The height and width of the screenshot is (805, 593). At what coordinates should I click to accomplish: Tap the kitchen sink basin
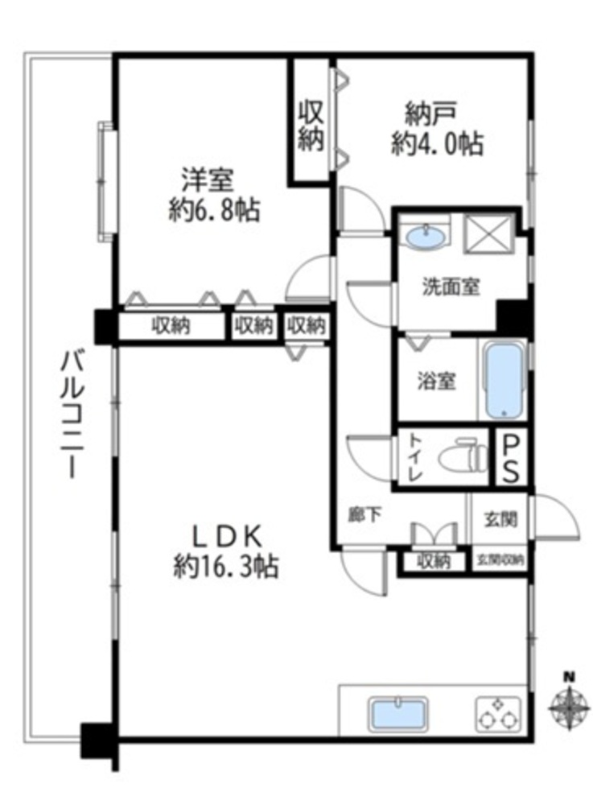point(399,712)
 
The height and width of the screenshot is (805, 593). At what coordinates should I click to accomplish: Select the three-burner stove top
point(497,714)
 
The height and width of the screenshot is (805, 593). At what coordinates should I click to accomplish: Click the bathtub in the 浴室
point(504,381)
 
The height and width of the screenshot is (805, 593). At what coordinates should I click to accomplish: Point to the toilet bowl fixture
point(463,455)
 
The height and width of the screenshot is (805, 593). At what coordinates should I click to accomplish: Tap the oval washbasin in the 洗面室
point(425,237)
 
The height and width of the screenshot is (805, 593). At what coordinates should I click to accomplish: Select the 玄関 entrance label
point(500,519)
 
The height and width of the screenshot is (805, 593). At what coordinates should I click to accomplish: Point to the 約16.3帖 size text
point(226,567)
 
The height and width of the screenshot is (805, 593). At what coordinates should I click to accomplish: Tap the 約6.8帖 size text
point(214,209)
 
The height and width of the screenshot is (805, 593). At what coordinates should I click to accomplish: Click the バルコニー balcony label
point(71,414)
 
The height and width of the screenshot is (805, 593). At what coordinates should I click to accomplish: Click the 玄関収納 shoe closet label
point(500,560)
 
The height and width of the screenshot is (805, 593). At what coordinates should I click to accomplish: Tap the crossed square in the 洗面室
point(488,233)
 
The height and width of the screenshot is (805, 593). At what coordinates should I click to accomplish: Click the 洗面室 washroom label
point(451,287)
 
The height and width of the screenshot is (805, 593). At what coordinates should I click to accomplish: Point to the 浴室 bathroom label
point(436,381)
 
